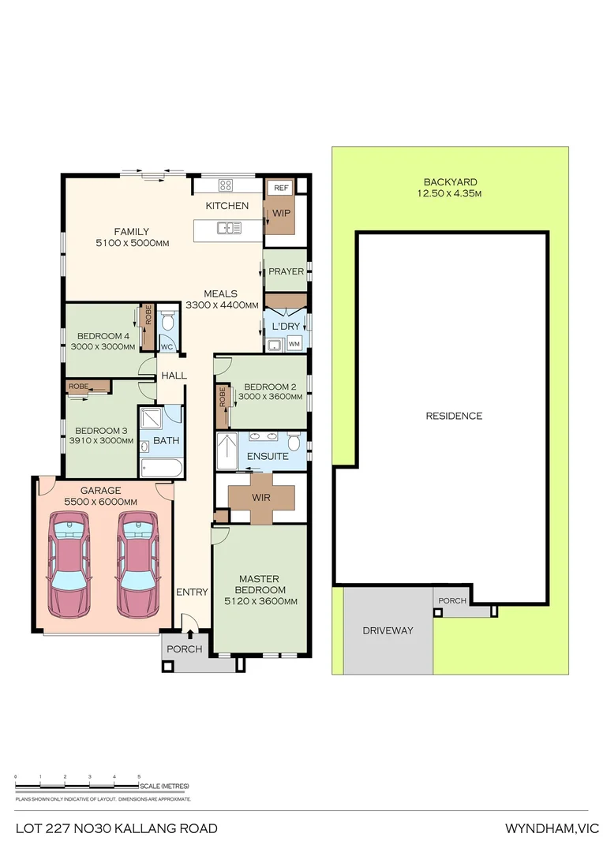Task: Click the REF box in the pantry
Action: pyautogui.click(x=280, y=188)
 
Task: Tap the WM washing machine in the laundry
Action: pyautogui.click(x=294, y=344)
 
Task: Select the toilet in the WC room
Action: pyautogui.click(x=167, y=322)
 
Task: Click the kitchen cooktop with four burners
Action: pyautogui.click(x=226, y=186)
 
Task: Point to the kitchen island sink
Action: pyautogui.click(x=230, y=229)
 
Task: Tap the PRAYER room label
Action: pyautogui.click(x=286, y=271)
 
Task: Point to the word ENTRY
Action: pyautogui.click(x=192, y=592)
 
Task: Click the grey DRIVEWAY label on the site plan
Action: pyautogui.click(x=388, y=631)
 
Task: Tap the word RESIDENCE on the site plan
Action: pyautogui.click(x=453, y=416)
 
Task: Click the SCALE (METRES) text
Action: pyautogui.click(x=164, y=787)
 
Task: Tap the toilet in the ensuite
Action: pyautogui.click(x=294, y=439)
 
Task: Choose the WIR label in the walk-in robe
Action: pyautogui.click(x=261, y=498)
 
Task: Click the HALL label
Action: pyautogui.click(x=174, y=376)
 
